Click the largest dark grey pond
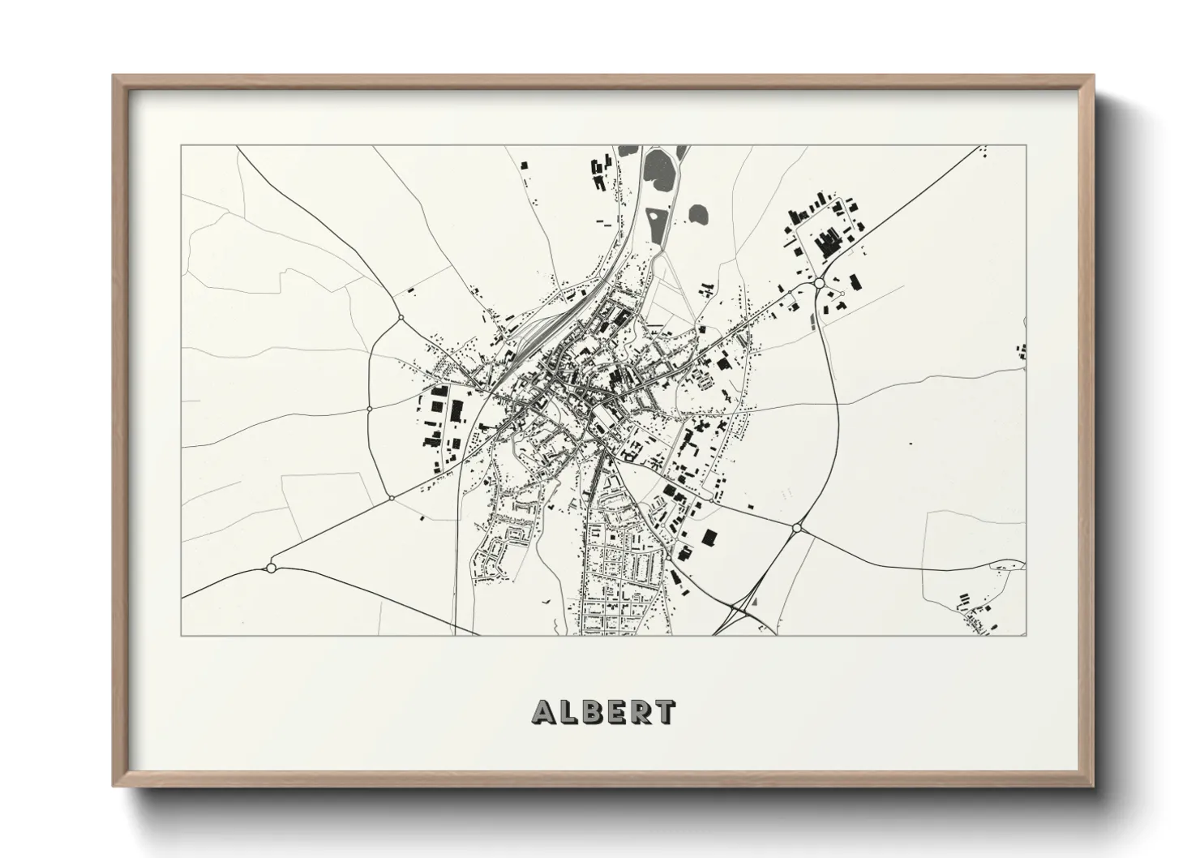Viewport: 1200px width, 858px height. [659, 168]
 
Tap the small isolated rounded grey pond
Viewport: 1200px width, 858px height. [698, 215]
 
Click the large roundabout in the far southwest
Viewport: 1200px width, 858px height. [272, 568]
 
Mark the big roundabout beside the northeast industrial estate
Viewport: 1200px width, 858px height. [820, 283]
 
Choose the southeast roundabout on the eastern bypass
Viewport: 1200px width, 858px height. [796, 528]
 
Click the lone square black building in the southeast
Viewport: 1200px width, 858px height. [709, 537]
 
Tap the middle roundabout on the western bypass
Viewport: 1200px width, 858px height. [369, 409]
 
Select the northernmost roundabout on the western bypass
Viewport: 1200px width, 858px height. [400, 317]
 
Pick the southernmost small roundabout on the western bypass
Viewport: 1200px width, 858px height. [391, 497]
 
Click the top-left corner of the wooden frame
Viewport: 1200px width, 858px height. [114, 76]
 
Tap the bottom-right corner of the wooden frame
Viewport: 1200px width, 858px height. [1092, 786]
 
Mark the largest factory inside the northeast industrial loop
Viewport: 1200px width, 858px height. [828, 243]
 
